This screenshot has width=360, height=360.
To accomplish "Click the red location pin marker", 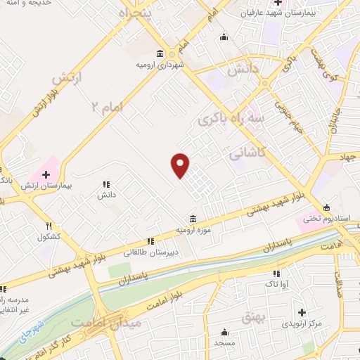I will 181,165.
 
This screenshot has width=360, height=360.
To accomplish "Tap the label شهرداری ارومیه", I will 160,64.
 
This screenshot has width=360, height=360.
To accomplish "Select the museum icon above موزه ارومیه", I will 192,219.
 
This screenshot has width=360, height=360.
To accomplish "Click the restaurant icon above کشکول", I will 49,226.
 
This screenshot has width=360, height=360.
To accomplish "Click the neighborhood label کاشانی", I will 247,152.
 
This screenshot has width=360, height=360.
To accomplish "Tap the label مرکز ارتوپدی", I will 303,324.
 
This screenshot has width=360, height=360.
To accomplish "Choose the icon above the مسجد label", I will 225,333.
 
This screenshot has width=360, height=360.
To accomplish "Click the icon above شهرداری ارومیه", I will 160,54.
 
